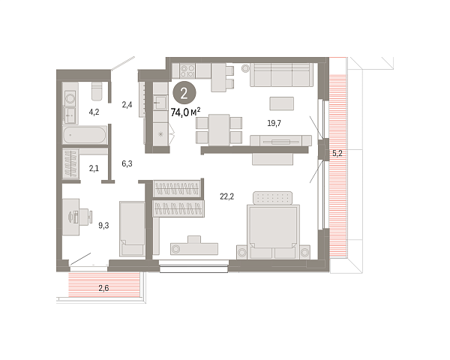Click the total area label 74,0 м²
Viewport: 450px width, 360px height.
coord(185,112)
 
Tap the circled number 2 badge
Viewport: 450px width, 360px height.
coord(184,93)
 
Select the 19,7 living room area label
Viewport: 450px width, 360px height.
coord(274,123)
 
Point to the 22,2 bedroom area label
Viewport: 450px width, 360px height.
coord(226,196)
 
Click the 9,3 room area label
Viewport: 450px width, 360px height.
coord(103,226)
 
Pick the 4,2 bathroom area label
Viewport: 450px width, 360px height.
coord(94,112)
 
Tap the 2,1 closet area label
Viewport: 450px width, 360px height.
coord(94,168)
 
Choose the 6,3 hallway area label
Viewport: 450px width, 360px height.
coord(127,163)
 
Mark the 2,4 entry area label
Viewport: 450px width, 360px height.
coord(127,105)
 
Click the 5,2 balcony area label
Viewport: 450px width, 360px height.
coord(337,153)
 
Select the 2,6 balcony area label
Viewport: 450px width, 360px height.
coord(103,288)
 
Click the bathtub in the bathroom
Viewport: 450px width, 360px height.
coord(85,135)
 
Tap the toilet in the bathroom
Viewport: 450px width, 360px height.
coord(97,91)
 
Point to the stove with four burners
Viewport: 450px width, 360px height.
coord(187,70)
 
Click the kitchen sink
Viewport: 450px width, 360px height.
coord(160,102)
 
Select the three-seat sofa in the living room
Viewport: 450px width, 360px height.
coord(281,75)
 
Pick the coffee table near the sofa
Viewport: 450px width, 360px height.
coord(281,103)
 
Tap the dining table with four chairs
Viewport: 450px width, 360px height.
coord(219,130)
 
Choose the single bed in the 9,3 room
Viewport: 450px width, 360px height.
coord(132,229)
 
